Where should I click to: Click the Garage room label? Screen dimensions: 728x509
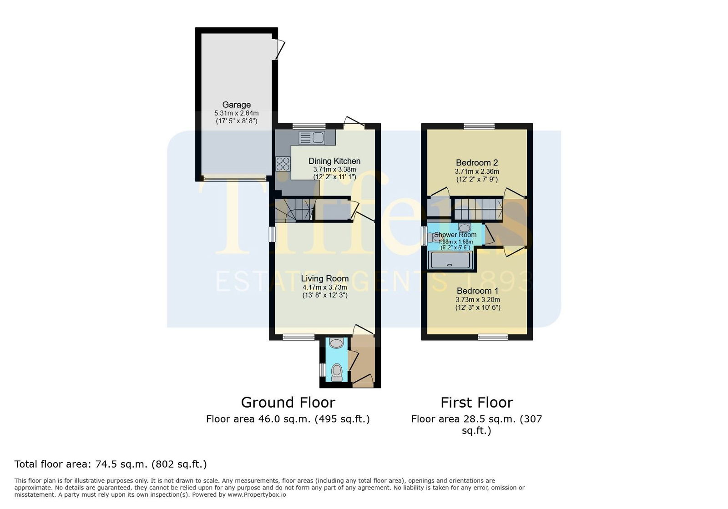(236, 105)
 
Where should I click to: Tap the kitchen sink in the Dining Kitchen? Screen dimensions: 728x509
(312, 137)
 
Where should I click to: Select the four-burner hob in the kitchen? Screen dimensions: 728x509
(283, 164)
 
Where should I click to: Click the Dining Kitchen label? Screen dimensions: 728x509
(334, 161)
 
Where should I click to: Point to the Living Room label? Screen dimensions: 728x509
(325, 278)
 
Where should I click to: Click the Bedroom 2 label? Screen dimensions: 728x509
(477, 162)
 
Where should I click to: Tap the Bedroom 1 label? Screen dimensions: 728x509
(477, 291)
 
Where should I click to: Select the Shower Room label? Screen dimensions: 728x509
(455, 235)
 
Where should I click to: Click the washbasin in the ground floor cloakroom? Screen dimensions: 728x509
(336, 343)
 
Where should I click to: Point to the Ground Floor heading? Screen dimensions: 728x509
(288, 403)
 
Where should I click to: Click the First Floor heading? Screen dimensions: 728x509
(477, 403)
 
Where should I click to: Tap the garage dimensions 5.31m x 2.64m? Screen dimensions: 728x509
(236, 113)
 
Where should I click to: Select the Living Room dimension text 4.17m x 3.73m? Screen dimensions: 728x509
(325, 287)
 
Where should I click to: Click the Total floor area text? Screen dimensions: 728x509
(111, 464)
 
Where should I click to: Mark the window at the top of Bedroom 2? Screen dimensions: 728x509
(479, 126)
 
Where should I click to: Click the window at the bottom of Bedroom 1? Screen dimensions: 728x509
(493, 337)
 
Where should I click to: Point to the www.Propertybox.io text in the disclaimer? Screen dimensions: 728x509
(257, 495)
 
